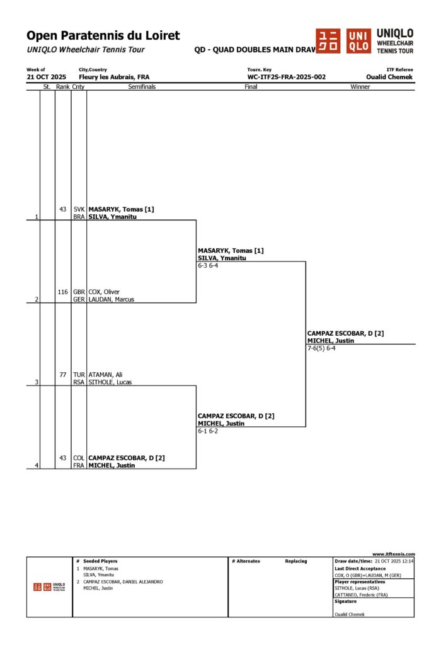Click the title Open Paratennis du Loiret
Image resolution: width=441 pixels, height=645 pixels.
103,36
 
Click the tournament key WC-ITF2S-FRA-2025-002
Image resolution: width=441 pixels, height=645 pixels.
287,77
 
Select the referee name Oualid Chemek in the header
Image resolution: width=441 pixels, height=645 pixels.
389,77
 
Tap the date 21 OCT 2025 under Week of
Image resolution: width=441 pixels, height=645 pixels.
46,77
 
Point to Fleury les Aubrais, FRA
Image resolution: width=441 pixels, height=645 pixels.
113,77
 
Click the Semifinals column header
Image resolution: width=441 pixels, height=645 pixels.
142,87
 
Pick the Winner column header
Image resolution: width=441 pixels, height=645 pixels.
360,87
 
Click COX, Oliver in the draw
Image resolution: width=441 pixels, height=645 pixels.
104,292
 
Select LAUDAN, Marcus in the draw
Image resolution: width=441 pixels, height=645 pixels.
111,300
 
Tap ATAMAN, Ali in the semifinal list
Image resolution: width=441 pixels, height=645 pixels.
105,375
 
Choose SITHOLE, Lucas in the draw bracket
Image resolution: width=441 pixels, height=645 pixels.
110,382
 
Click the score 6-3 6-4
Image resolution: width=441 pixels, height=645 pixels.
208,266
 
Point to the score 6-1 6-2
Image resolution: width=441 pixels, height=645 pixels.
208,431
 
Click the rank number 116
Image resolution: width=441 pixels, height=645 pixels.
62,292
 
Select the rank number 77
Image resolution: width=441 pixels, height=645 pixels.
63,375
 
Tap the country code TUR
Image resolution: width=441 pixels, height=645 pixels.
79,375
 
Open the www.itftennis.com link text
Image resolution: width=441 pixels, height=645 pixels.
394,554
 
